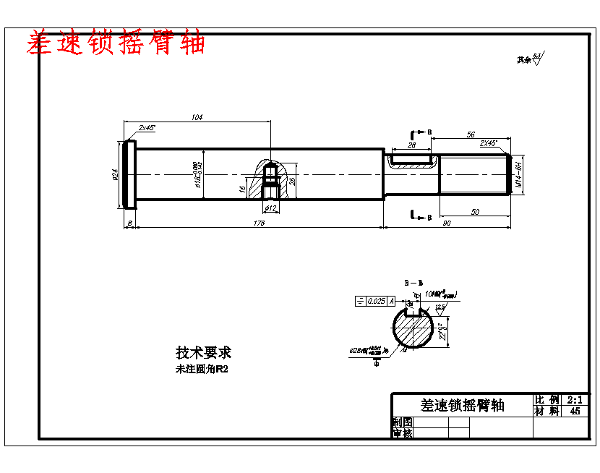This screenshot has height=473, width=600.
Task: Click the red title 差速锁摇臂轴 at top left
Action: point(116,43)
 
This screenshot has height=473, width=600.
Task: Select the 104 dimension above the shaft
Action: point(197,117)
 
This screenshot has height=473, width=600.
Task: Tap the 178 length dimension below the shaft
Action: point(260,223)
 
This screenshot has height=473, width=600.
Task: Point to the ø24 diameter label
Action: point(115,175)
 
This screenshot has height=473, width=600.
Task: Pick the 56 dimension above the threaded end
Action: point(471,135)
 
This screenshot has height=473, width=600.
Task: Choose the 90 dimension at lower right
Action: point(447,223)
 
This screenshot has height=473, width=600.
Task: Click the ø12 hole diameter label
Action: point(271,208)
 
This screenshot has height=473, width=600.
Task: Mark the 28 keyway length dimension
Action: point(412,145)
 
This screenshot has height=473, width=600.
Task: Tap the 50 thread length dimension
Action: point(475,212)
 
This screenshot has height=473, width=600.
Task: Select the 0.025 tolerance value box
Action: point(376,301)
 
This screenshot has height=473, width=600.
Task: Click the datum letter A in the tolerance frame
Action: point(392,301)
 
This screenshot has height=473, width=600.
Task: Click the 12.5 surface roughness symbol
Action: point(440,307)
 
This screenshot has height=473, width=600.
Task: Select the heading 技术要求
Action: point(203,353)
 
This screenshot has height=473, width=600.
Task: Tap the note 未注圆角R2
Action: point(197,369)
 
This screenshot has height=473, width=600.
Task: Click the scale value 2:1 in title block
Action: point(575,399)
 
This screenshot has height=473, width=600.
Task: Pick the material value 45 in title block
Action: point(575,411)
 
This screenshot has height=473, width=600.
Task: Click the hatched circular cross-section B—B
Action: point(413,330)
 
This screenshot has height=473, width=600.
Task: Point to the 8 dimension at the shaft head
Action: point(129,223)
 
